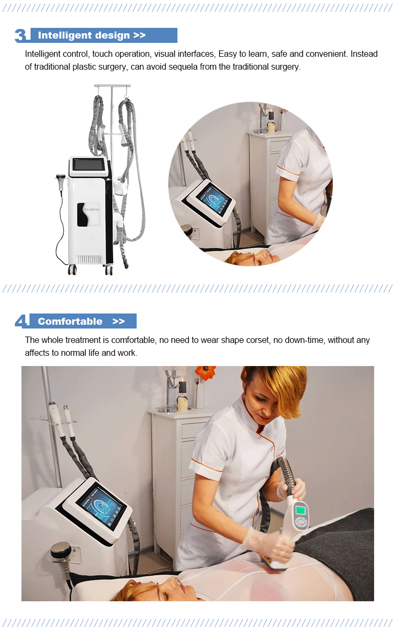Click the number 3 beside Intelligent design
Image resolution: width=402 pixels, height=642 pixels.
pos(20,35)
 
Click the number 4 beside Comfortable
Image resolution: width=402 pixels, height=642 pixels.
pos(21,321)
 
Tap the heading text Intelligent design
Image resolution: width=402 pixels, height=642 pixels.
pos(84,35)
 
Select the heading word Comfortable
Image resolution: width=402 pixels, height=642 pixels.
pos(70,322)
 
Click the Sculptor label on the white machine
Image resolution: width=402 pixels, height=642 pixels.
pos(92,209)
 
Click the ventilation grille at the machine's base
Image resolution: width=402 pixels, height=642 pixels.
pos(89,259)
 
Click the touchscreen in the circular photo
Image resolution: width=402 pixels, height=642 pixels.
pos(213,199)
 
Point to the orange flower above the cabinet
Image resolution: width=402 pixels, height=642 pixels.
pos(205,372)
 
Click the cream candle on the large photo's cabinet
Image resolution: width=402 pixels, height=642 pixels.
pos(183,404)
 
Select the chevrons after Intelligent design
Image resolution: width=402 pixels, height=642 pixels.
pos(139,35)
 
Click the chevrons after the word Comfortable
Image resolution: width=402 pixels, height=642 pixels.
pos(118,322)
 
